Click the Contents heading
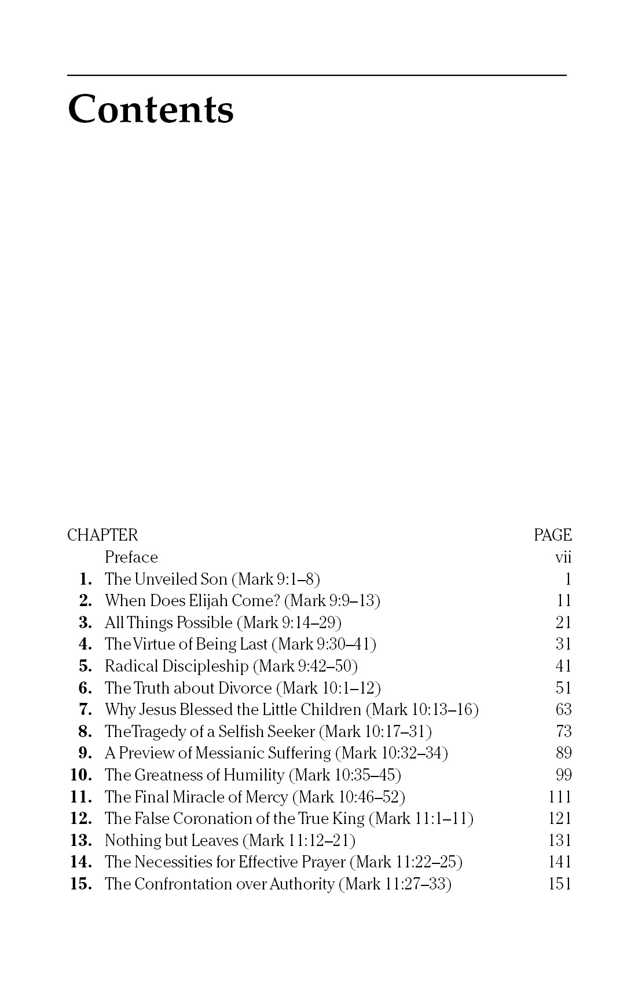coord(151,109)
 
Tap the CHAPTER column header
coord(102,535)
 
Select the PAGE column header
coord(552,535)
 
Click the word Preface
coord(131,557)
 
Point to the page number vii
coord(563,557)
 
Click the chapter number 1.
coord(86,579)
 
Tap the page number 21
coord(563,623)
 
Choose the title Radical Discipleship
coord(176,666)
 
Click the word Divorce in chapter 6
coord(245,688)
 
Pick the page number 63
coord(563,710)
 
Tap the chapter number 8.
coord(85,732)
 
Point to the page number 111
coord(559,797)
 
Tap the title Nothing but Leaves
coord(171,841)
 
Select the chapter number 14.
coord(81,862)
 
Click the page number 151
coord(559,884)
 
